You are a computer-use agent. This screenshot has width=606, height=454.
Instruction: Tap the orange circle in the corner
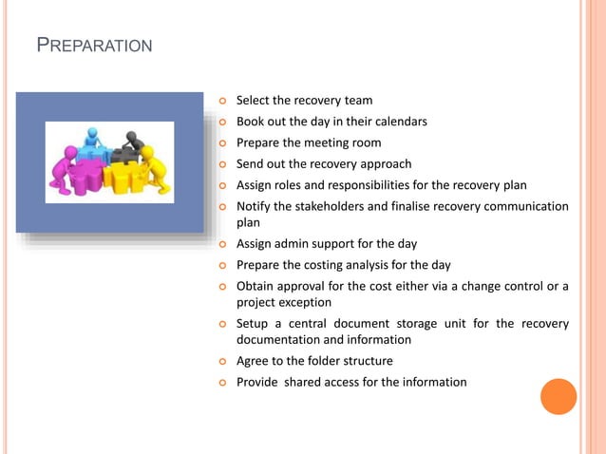[559, 396]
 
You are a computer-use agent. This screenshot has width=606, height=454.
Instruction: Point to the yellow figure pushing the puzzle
[153, 171]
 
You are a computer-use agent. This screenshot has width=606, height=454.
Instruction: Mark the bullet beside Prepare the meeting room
[224, 143]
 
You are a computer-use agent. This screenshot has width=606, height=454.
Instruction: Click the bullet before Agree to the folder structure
[224, 362]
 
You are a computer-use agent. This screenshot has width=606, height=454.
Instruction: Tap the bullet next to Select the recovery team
[224, 101]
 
